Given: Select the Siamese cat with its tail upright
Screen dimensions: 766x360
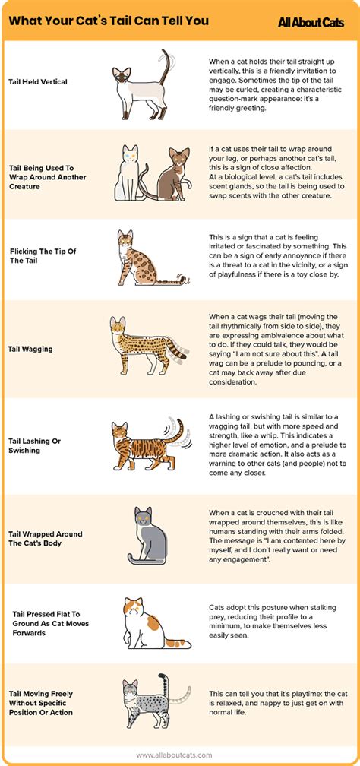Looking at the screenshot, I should click(140, 82).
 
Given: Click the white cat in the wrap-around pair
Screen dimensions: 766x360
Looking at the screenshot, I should click(129, 173).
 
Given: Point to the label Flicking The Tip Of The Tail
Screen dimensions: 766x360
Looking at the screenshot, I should click(43, 255).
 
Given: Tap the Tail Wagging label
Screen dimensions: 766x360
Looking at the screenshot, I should click(30, 350).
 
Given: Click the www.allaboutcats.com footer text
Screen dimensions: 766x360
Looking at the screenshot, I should click(181, 755).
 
